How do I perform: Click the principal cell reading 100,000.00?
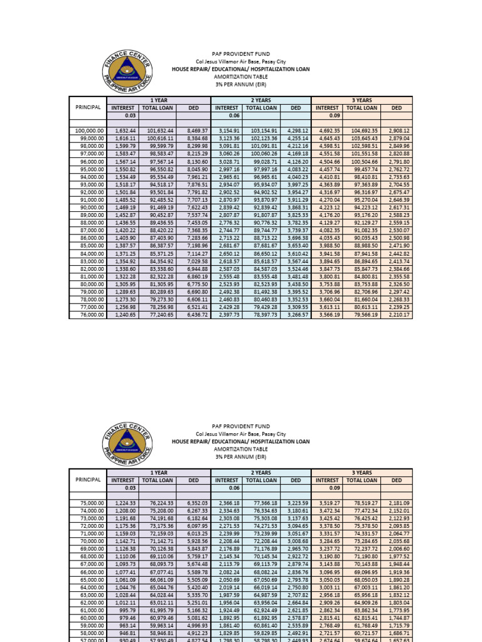[88, 130]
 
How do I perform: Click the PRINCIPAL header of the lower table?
[88, 480]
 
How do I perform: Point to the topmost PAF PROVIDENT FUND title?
[240, 55]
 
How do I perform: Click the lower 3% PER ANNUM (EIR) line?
[240, 457]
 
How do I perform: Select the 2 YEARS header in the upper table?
[260, 100]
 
